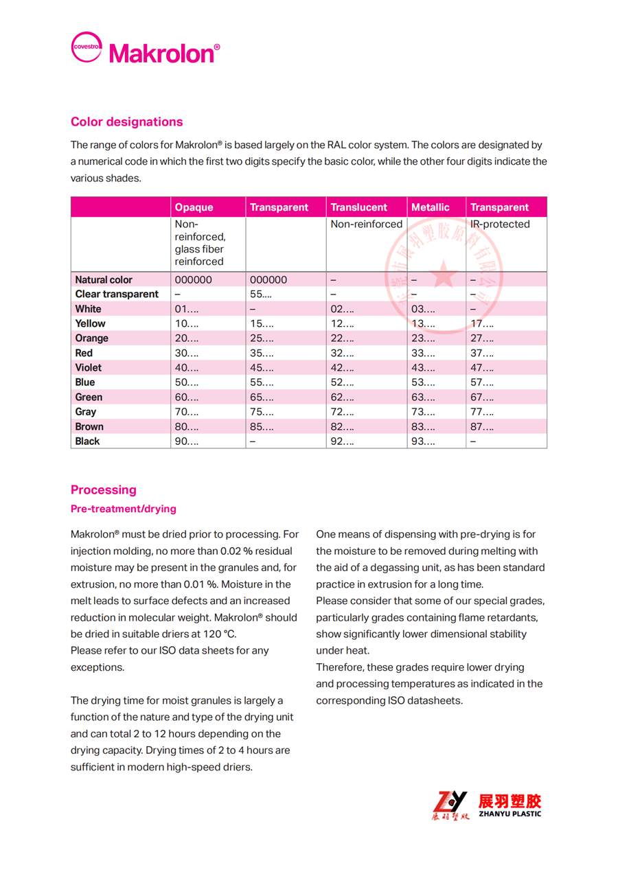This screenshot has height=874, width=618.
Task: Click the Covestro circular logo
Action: [x=87, y=47]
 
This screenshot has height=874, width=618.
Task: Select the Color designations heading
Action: [x=127, y=122]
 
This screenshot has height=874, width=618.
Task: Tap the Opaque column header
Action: [x=194, y=207]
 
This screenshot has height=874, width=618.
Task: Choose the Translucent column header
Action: [x=358, y=207]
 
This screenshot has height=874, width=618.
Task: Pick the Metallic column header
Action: [x=431, y=207]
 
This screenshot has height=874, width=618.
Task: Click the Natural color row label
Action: [x=104, y=280]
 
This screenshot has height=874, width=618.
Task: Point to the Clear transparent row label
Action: [x=117, y=295]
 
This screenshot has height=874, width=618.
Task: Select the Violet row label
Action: [x=89, y=368]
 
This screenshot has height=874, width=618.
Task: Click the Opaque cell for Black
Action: [x=187, y=441]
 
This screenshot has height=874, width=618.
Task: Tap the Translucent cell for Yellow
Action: [x=343, y=324]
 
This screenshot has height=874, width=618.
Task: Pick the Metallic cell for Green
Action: [x=423, y=398]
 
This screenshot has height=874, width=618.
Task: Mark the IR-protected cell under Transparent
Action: [x=500, y=225]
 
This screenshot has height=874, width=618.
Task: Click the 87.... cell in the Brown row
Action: [x=482, y=427]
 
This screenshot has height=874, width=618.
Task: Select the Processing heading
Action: [x=104, y=490]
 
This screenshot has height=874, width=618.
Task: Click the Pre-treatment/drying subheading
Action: [x=124, y=509]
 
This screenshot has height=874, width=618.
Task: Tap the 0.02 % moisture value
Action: [x=238, y=551]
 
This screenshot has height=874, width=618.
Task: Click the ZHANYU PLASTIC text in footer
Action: [x=510, y=814]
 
